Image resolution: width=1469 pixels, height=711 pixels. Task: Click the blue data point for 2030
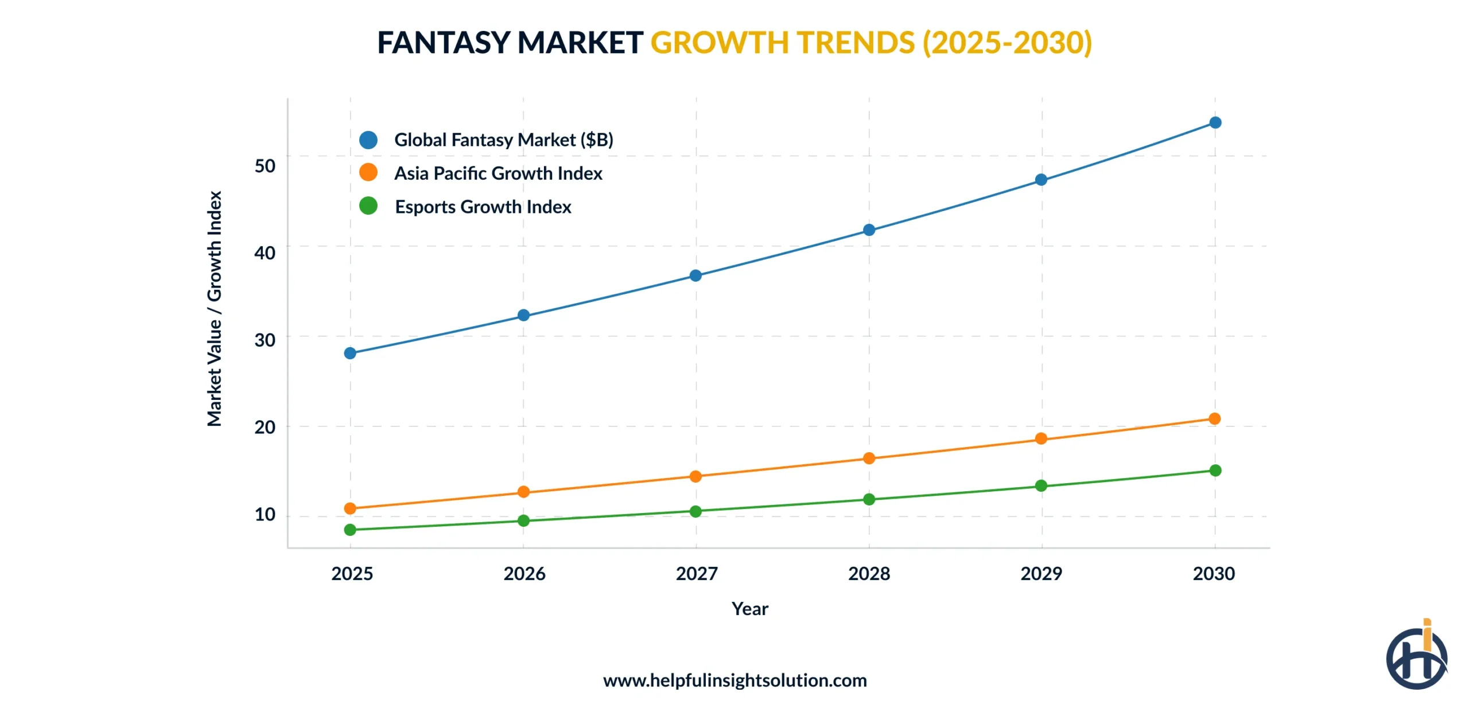click(x=1215, y=123)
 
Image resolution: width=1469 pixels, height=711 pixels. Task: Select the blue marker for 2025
click(x=350, y=353)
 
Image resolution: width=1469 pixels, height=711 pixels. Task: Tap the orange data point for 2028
click(x=869, y=458)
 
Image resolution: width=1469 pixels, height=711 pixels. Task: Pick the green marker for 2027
click(x=695, y=511)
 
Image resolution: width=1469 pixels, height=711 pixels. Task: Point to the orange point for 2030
click(x=1214, y=419)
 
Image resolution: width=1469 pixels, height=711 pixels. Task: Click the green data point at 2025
click(x=350, y=530)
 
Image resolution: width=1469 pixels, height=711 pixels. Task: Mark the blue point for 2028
click(x=869, y=230)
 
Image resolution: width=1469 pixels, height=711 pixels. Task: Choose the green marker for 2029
click(x=1041, y=486)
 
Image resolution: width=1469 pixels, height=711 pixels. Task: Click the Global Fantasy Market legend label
click(x=503, y=140)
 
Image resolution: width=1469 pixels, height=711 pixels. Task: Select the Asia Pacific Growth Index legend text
click(x=498, y=173)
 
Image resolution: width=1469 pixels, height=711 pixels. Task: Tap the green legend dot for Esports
click(x=368, y=205)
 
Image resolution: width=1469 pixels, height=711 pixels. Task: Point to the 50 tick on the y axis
click(x=265, y=166)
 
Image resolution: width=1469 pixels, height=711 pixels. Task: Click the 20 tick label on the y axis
click(x=265, y=427)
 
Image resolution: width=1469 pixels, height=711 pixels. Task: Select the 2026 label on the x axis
click(x=524, y=573)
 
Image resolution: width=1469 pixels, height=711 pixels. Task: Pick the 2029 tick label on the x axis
click(x=1041, y=573)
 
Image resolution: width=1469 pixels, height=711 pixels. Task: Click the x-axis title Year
click(x=749, y=609)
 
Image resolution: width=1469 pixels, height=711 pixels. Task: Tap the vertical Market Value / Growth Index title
click(x=214, y=309)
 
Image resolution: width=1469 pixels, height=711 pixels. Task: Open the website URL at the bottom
click(x=734, y=681)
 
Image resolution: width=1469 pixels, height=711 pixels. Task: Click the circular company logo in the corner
click(x=1416, y=657)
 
